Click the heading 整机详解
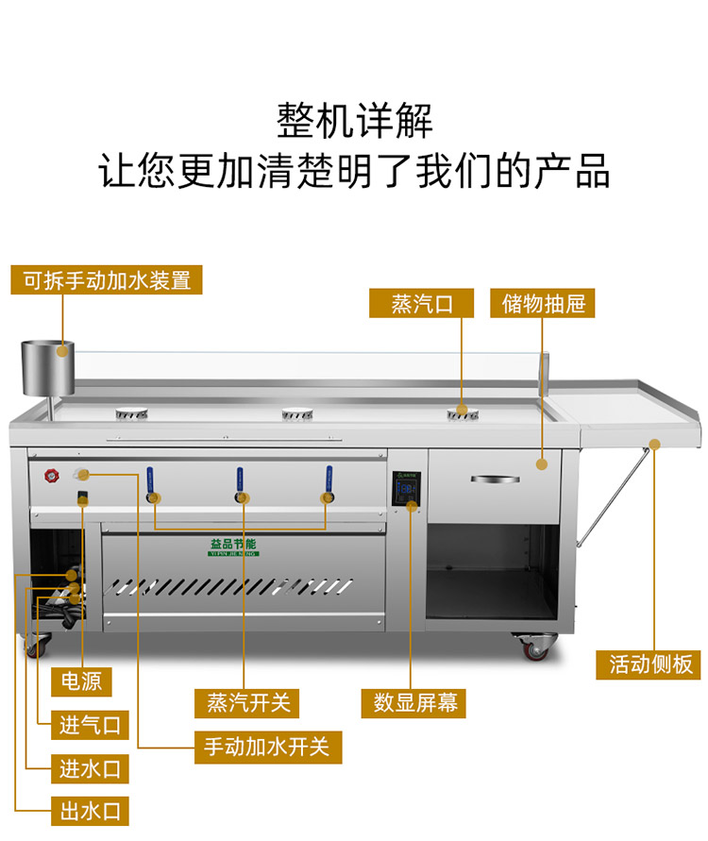pos(354,121)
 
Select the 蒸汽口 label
pos(421,303)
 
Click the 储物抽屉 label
pos(544,303)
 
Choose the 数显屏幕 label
pos(413,702)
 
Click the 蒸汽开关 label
pos(246,702)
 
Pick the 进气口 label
pos(90,725)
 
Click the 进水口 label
pos(90,768)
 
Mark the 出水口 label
pos(90,812)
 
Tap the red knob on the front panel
pos(48,477)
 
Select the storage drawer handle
pos(495,479)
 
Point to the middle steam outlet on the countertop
pos(295,412)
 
